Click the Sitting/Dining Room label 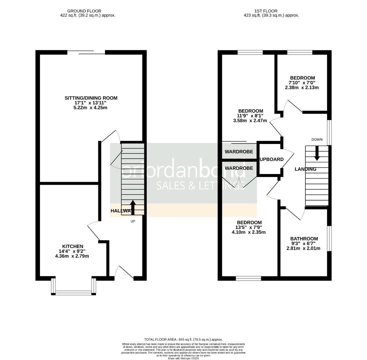click(91, 98)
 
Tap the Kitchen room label click(73, 246)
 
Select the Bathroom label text click(304, 239)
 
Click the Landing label click(305, 169)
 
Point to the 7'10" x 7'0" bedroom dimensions click(302, 83)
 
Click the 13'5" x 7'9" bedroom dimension click(249, 227)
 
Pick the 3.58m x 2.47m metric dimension click(250, 121)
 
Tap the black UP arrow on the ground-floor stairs click(133, 207)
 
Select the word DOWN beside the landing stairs click(317, 140)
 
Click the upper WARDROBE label click(239, 152)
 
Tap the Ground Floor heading click(84, 11)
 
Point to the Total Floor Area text click(183, 339)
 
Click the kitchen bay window click(73, 293)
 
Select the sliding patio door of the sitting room click(86, 52)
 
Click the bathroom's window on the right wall click(329, 238)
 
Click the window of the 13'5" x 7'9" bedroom click(248, 278)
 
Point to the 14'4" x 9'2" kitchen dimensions click(72, 251)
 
